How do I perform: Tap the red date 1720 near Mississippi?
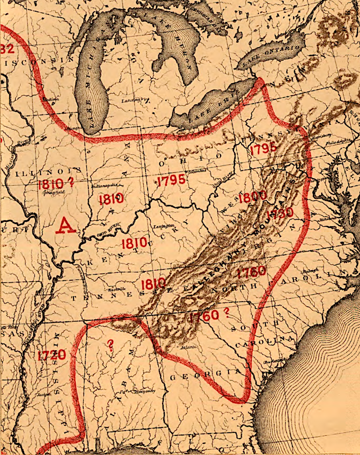(52, 355)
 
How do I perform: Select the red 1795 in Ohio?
(171, 180)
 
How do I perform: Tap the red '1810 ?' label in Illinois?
(56, 184)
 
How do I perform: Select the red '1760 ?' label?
(210, 315)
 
